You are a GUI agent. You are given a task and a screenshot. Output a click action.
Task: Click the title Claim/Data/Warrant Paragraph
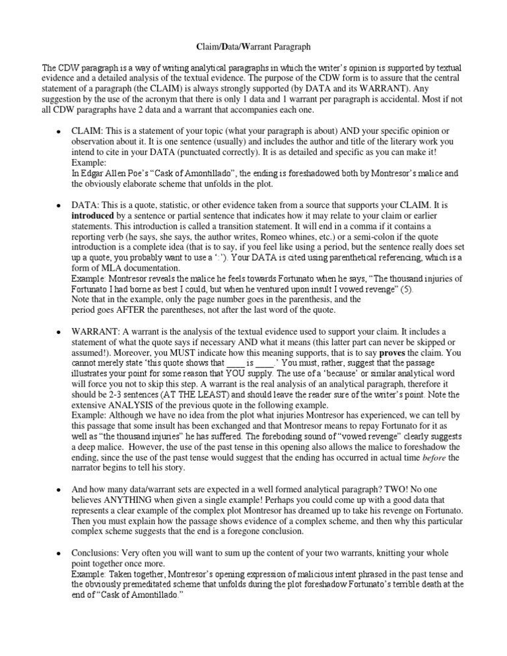(x=253, y=48)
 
